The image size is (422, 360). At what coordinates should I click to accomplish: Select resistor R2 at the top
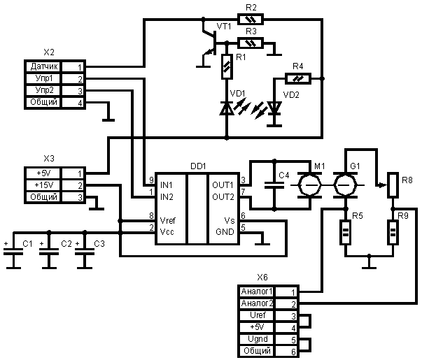point(251,20)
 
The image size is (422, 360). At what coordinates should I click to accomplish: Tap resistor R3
point(251,43)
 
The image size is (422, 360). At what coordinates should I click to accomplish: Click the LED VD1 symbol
point(226,108)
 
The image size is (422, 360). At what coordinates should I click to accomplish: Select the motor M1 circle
point(309,185)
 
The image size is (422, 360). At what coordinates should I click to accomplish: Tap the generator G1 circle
point(344,185)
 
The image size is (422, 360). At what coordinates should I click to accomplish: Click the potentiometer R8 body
point(393,185)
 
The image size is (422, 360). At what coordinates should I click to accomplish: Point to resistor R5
point(345,231)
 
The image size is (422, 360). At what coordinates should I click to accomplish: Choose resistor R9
point(393,231)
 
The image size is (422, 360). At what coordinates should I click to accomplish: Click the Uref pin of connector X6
point(258,315)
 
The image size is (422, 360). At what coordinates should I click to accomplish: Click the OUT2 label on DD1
point(223,196)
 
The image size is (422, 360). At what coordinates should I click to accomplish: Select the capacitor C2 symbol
point(48,256)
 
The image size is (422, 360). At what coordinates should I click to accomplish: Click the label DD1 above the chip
point(198,166)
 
